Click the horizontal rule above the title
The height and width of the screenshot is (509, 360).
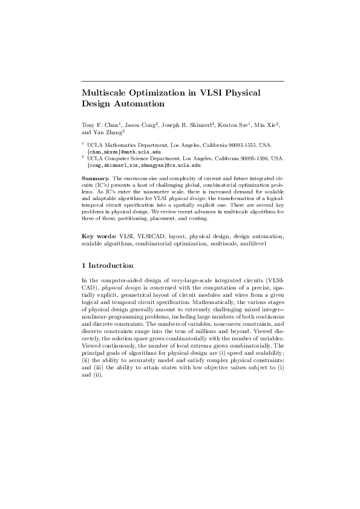point(182,81)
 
